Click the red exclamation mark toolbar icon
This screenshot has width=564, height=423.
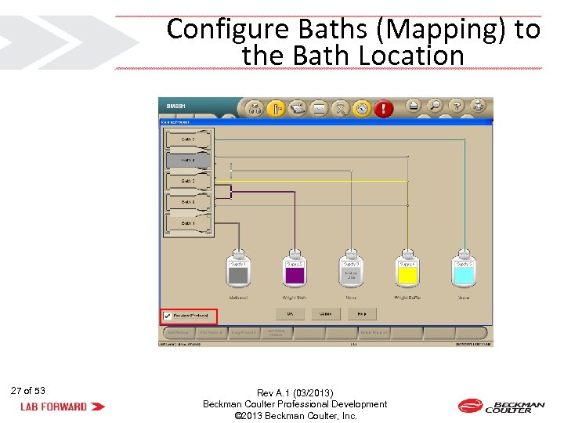[383, 109]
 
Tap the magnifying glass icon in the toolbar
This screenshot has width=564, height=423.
[434, 106]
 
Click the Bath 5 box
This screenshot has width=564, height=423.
[188, 139]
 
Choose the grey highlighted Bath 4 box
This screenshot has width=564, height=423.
[188, 160]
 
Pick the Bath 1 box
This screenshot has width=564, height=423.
[188, 223]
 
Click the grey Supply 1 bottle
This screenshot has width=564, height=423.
[238, 270]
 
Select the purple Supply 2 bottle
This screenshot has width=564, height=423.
[295, 270]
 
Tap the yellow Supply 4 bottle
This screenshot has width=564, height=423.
[407, 270]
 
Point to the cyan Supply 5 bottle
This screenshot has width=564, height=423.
[464, 270]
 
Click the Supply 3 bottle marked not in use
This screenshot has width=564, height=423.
[351, 270]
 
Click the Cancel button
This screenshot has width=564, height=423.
[326, 313]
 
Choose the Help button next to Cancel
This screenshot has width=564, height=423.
[362, 313]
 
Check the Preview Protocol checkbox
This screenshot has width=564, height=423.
[166, 316]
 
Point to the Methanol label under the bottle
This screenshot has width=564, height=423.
[238, 298]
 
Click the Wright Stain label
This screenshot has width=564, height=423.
[295, 298]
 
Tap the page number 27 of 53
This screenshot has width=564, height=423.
[28, 390]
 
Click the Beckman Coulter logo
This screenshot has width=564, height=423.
[501, 406]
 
